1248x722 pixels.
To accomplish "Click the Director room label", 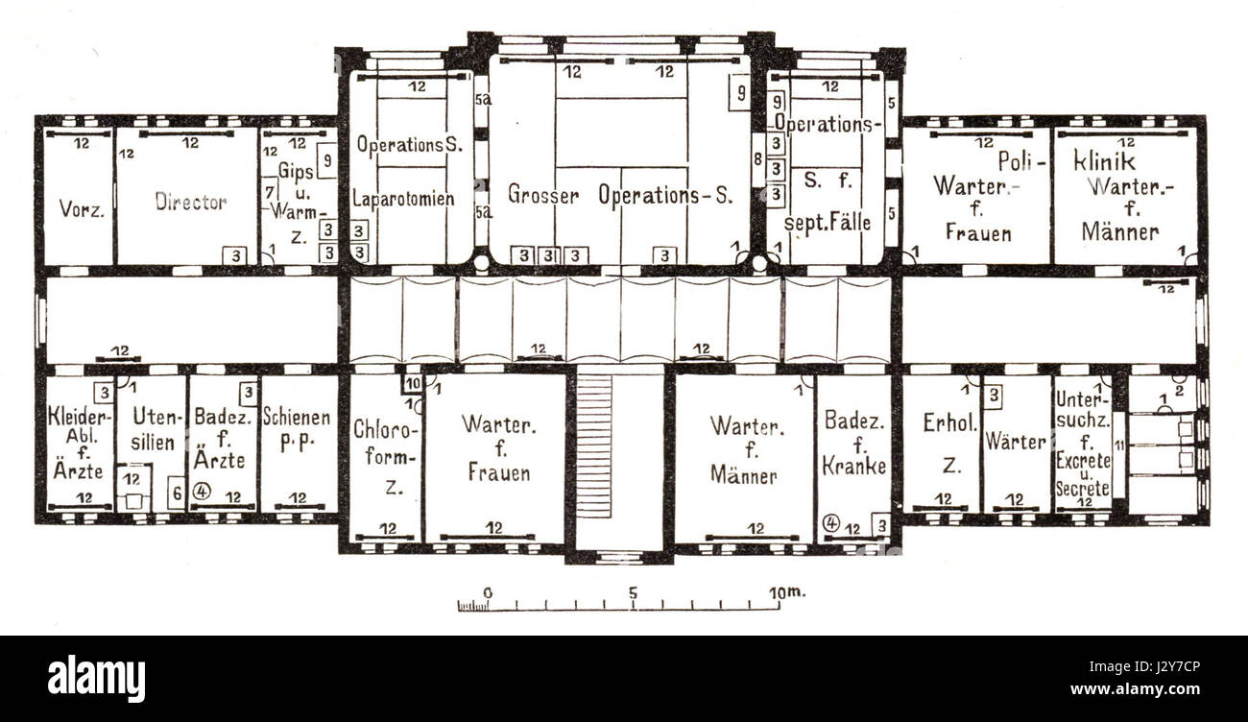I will pos(190,203).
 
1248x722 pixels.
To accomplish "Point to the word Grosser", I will pos(543,195).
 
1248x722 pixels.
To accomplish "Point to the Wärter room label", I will pos(1017,442).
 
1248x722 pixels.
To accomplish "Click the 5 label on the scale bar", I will pos(633,591).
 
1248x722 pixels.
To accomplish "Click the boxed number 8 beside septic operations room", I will pos(757,158).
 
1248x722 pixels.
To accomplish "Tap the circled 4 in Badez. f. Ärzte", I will pos(201,491).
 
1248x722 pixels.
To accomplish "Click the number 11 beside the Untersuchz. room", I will pos(1118,444).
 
